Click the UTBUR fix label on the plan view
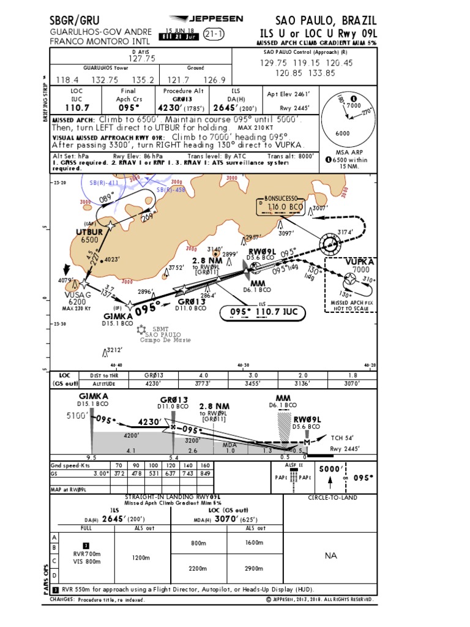coord(89,232)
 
